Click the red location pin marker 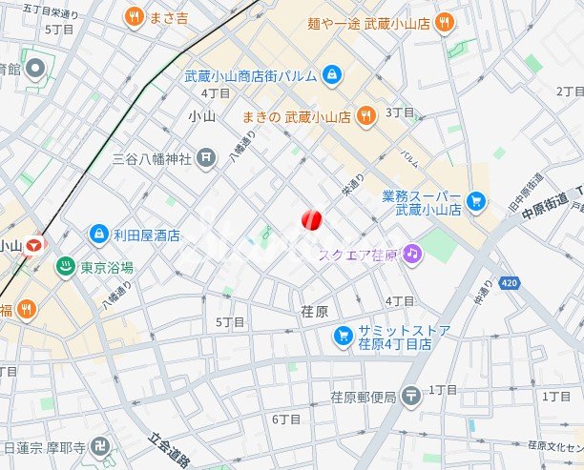[x=311, y=220]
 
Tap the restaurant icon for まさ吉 [x=134, y=16]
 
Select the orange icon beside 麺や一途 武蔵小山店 [x=444, y=22]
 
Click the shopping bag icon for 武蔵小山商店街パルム [x=330, y=73]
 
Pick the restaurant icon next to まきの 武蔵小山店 [x=365, y=116]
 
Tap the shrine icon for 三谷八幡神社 [x=206, y=157]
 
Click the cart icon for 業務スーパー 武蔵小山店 [x=476, y=201]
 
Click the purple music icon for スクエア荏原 [x=411, y=254]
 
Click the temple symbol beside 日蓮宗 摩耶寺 [x=101, y=446]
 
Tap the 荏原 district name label [x=314, y=312]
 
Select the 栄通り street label [x=353, y=192]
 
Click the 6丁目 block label [x=286, y=419]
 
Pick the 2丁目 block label [x=569, y=91]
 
